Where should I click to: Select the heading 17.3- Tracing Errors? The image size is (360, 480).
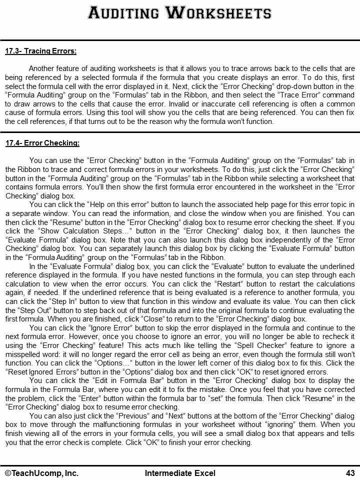pos(40,51)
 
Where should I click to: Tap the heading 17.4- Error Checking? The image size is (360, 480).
pos(42,143)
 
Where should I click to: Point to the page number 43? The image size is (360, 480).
pos(349,473)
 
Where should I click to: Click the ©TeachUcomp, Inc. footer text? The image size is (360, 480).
pos(42,473)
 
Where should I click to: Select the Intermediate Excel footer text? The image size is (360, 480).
pos(180,473)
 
